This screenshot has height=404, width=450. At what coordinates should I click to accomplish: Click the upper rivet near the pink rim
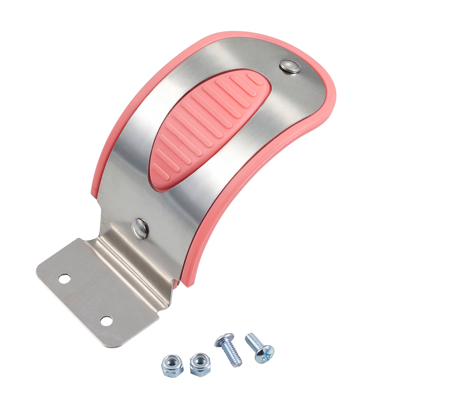[x=290, y=66]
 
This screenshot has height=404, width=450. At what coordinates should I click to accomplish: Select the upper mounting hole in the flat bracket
[x=64, y=278]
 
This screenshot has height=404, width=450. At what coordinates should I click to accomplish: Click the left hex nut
[x=172, y=365]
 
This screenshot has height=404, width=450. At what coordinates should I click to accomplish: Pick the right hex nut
[x=200, y=364]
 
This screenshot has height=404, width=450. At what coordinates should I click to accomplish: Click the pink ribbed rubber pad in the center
[x=207, y=126]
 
